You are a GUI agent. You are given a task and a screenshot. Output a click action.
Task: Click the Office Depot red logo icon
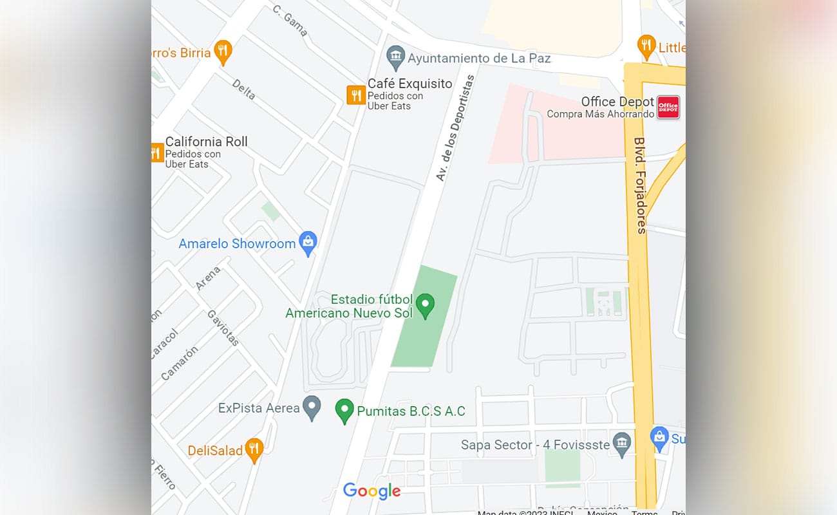[x=668, y=107]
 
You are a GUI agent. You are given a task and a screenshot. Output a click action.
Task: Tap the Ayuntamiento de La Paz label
[x=479, y=58]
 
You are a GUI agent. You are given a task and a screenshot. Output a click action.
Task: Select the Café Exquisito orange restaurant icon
[x=356, y=95]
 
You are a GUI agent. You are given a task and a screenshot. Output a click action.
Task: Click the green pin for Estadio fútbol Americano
[x=424, y=304]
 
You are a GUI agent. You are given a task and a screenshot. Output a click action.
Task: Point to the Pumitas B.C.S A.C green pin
[x=344, y=410]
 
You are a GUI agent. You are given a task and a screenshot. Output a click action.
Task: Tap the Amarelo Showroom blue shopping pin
[x=308, y=243]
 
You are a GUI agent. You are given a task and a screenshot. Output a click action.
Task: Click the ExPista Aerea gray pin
[x=312, y=407]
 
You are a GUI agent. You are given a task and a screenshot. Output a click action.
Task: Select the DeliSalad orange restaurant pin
[x=255, y=449]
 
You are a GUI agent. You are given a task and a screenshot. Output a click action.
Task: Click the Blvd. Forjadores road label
[x=640, y=185]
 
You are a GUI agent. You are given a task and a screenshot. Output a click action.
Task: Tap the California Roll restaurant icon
[x=156, y=153]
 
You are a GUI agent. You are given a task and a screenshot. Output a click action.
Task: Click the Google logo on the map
[x=371, y=491]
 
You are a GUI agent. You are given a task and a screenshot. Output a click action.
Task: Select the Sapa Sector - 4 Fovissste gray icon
[x=621, y=444]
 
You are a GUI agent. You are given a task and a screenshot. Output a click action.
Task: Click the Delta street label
[x=243, y=89]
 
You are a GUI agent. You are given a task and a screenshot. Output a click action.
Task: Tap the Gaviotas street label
[x=223, y=328]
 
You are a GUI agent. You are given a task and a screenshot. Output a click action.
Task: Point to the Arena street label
[x=208, y=278]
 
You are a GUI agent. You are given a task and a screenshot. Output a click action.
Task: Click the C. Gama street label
[x=290, y=20]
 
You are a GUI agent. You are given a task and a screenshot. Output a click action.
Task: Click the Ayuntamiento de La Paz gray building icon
[x=395, y=57]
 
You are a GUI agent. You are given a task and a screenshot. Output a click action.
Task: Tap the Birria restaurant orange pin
[x=223, y=51]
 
